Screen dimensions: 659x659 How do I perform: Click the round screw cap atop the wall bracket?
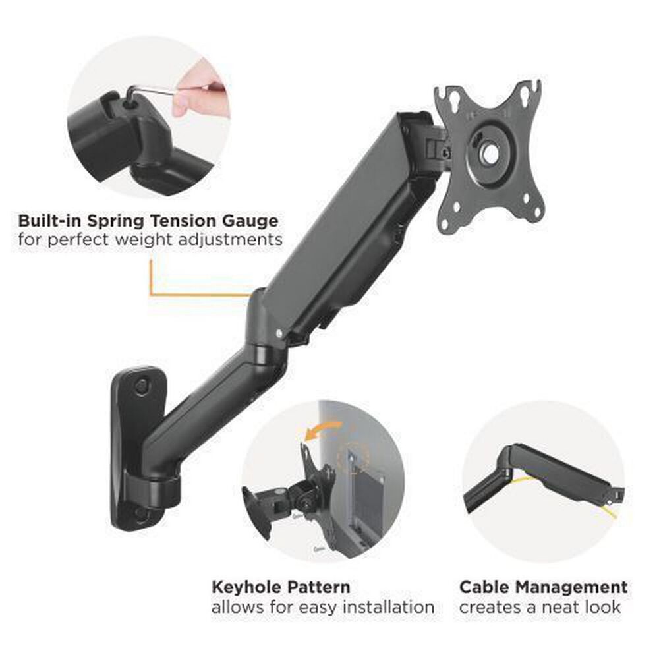pos(141,386)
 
